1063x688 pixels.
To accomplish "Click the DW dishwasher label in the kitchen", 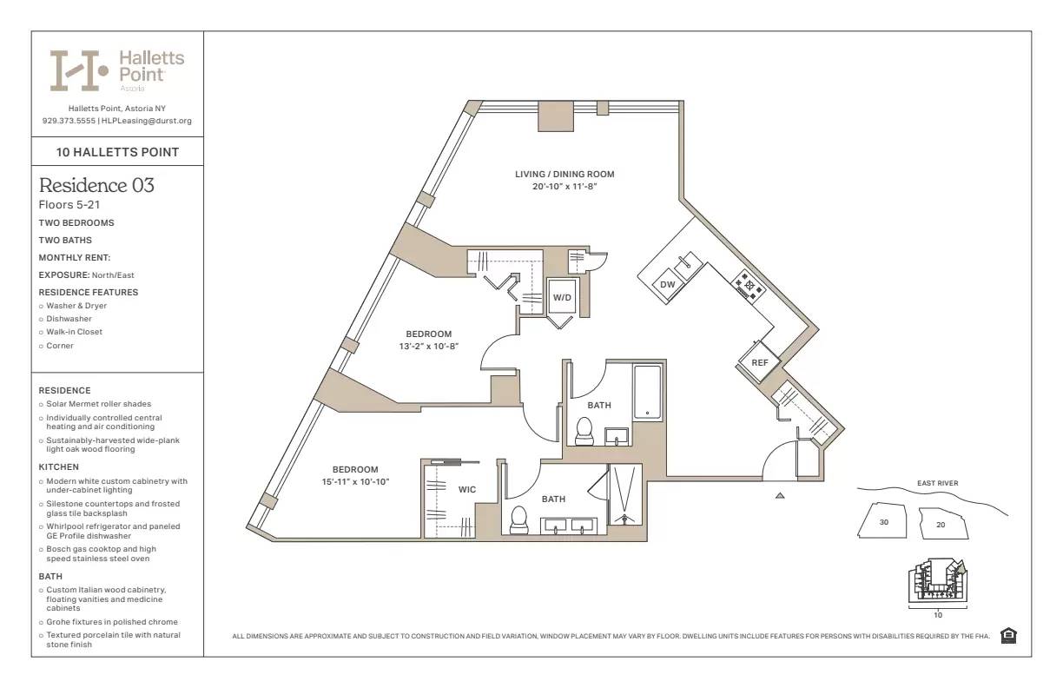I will pyautogui.click(x=667, y=285).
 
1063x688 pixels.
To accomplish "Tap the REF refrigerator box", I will pyautogui.click(x=760, y=362).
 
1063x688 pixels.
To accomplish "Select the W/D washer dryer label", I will pyautogui.click(x=562, y=298).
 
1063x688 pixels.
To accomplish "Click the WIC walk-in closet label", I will pyautogui.click(x=467, y=490).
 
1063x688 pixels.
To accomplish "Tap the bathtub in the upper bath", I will pyautogui.click(x=647, y=393).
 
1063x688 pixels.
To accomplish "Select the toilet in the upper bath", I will pyautogui.click(x=584, y=429).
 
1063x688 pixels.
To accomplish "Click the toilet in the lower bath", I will pyautogui.click(x=519, y=519).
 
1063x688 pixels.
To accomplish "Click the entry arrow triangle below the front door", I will pyautogui.click(x=780, y=495).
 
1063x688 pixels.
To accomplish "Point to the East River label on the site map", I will pyautogui.click(x=937, y=484).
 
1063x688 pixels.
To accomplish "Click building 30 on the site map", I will pyautogui.click(x=884, y=523).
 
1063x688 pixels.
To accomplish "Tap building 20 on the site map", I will pyautogui.click(x=940, y=524).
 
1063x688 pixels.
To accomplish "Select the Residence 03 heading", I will pyautogui.click(x=96, y=185).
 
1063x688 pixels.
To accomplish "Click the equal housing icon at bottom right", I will pyautogui.click(x=1008, y=636).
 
